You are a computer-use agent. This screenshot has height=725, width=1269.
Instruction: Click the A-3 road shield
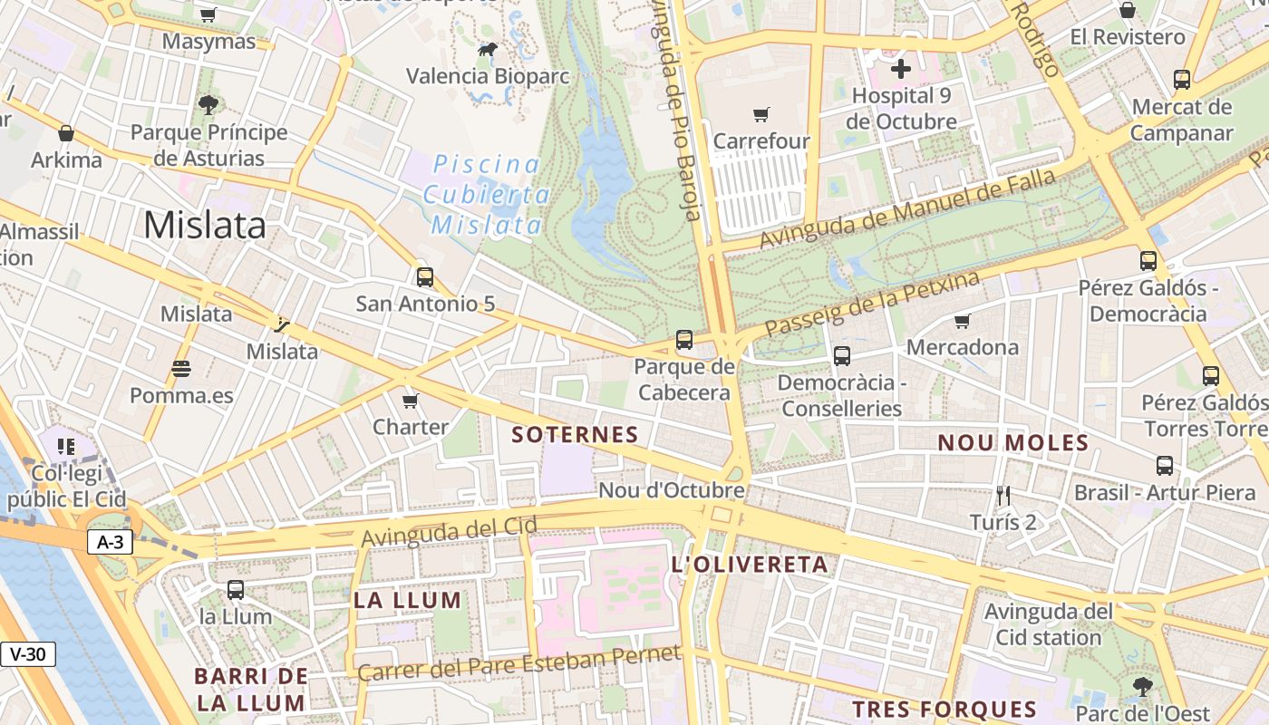tap(111, 543)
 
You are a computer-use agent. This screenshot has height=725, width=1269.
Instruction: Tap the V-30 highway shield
tap(28, 654)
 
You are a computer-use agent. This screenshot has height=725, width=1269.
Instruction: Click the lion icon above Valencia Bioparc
tap(488, 50)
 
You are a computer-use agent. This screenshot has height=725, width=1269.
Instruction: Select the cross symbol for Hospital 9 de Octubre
tap(901, 69)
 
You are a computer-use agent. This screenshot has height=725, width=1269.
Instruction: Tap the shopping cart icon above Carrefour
tap(761, 115)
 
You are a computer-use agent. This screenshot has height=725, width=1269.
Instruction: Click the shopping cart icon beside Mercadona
tap(963, 321)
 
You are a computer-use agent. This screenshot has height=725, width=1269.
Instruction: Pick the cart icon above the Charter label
tap(411, 401)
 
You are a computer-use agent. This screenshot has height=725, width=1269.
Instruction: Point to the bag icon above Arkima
tap(66, 134)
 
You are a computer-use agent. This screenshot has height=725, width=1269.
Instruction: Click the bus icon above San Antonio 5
tap(425, 277)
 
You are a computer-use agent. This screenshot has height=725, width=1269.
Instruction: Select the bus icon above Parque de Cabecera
tap(684, 341)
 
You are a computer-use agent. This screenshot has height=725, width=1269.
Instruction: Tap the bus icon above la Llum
tap(236, 590)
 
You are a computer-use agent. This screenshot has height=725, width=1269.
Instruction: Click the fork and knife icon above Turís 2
tap(1003, 496)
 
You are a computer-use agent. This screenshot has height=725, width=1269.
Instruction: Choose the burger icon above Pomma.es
tap(181, 369)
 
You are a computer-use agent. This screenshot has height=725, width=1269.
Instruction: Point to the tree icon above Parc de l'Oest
tap(1142, 686)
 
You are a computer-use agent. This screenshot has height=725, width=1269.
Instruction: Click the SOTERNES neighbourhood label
tap(576, 435)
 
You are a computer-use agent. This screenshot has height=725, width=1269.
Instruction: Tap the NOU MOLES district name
tap(1012, 443)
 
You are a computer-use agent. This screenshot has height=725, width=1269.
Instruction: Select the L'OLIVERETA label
tap(750, 565)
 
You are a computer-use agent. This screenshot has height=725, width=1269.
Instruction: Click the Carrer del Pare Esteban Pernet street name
tap(518, 664)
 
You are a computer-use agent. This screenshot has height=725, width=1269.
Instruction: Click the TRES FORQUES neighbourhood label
tap(944, 709)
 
